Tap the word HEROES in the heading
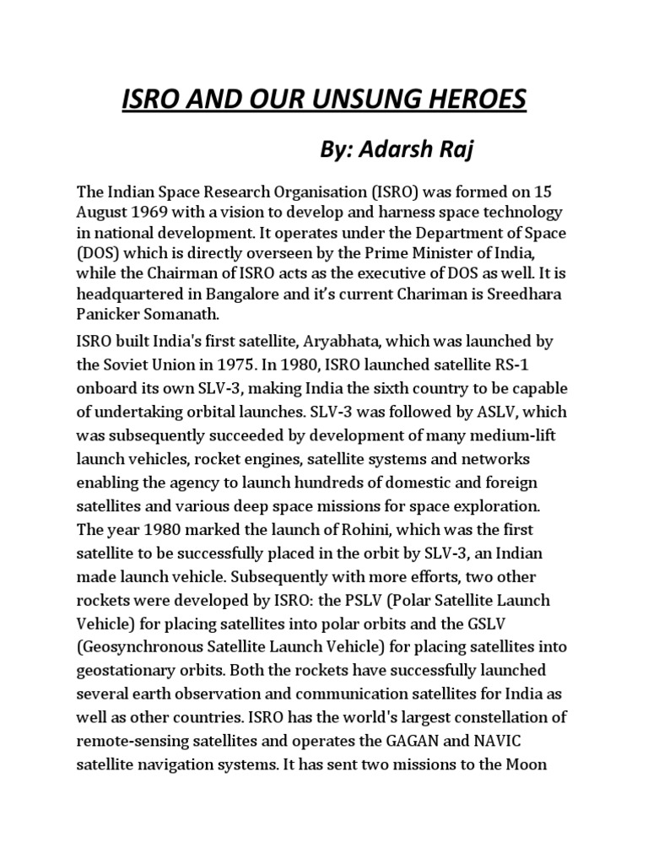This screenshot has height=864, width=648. point(478,100)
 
